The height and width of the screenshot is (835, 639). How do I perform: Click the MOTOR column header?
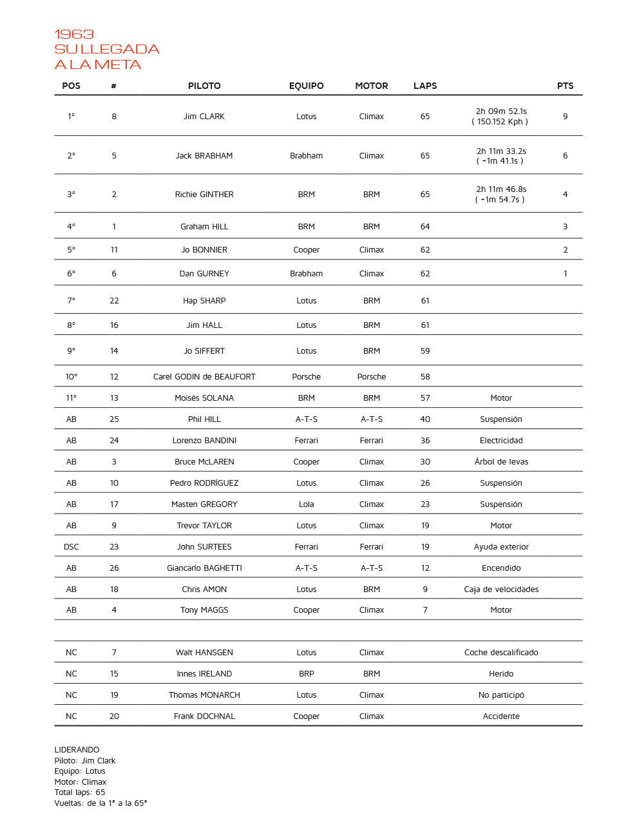[x=371, y=86]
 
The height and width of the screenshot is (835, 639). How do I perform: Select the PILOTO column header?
[x=204, y=86]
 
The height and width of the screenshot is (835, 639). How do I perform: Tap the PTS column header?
[x=565, y=86]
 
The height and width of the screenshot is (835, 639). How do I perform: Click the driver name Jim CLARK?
[x=204, y=117]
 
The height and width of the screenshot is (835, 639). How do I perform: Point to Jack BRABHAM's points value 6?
[x=565, y=156]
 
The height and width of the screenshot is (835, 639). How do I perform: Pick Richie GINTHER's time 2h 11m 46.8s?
[x=501, y=189]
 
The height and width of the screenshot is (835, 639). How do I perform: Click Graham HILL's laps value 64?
[x=425, y=227]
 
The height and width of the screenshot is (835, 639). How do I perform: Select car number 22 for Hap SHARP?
[x=114, y=301]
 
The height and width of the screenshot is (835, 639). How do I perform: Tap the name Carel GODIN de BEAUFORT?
[x=204, y=377]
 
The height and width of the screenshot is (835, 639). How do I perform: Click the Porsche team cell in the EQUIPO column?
[x=306, y=377]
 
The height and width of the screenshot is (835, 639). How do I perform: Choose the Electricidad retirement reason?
[x=501, y=441]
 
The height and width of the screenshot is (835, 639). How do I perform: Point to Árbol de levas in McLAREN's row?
[x=501, y=462]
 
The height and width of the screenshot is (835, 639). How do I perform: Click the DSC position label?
[x=72, y=547]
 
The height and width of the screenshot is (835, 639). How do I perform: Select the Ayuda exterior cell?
[x=501, y=547]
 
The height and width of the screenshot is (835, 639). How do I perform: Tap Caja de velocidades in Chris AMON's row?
[x=501, y=590]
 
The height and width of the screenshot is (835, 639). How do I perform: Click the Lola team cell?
[x=306, y=504]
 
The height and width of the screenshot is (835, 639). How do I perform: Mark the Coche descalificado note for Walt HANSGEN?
[x=501, y=653]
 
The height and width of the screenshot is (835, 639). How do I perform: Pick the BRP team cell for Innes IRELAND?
[x=306, y=674]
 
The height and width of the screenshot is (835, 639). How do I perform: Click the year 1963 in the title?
[x=74, y=34]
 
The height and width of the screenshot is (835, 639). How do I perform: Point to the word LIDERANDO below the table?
[x=77, y=750]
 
